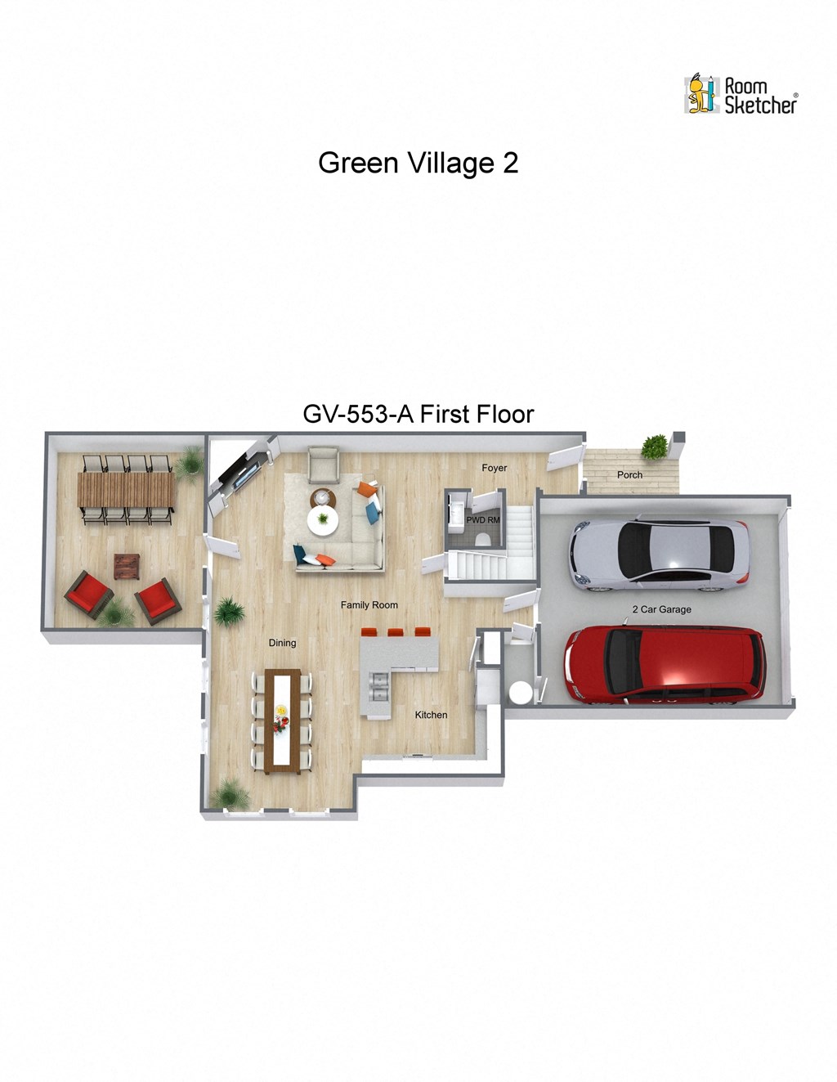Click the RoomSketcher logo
click(741, 95)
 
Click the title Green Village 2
click(418, 163)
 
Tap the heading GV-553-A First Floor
click(418, 414)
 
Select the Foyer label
click(494, 468)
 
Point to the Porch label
click(629, 474)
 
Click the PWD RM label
click(482, 519)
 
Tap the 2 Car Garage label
click(661, 609)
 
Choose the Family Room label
click(369, 605)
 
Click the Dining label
click(282, 643)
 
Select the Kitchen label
click(431, 715)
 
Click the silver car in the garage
click(659, 554)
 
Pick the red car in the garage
click(665, 664)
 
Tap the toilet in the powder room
click(482, 538)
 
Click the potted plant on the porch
click(654, 447)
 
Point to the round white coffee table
click(323, 519)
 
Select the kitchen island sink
click(378, 686)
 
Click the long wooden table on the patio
click(126, 490)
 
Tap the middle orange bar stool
click(396, 632)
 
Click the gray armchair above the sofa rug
click(324, 465)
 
